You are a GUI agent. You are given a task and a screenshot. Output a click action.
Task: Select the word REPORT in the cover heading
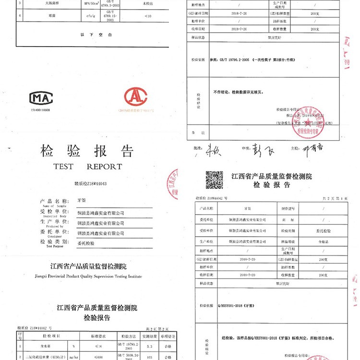pos(104,167)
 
